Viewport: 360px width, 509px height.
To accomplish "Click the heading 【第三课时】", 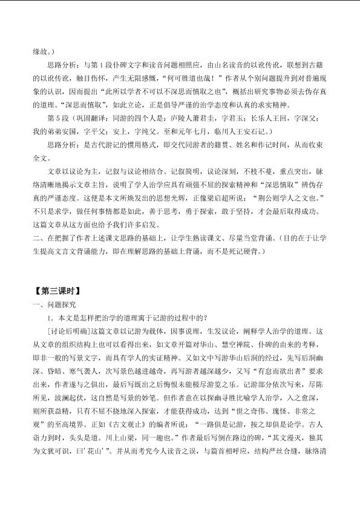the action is coord(57,291).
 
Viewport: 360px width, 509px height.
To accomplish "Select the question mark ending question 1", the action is coord(207,318).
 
